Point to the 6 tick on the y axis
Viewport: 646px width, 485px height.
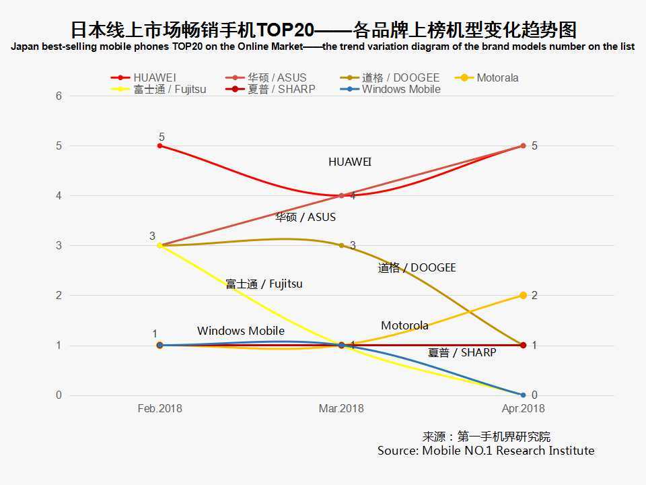coord(59,96)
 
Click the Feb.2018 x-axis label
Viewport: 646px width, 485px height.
coord(159,408)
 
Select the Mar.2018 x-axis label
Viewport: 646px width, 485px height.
coord(341,408)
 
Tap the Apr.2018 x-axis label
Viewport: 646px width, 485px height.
coord(523,408)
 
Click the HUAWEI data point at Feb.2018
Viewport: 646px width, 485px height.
coord(160,145)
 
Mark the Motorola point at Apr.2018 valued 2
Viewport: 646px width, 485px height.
coord(523,295)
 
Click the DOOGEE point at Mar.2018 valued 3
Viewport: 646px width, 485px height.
coord(342,245)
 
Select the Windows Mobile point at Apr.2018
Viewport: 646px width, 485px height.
coord(523,395)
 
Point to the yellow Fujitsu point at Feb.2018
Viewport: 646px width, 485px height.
coord(160,245)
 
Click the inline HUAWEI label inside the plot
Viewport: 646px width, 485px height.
coord(350,162)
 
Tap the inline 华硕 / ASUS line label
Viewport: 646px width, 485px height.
coord(306,217)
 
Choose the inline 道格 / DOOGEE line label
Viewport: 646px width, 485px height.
coord(417,267)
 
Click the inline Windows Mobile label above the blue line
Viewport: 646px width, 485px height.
coord(240,331)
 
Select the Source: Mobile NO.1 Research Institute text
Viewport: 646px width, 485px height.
coord(486,451)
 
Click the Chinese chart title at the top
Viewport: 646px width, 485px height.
coord(323,30)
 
